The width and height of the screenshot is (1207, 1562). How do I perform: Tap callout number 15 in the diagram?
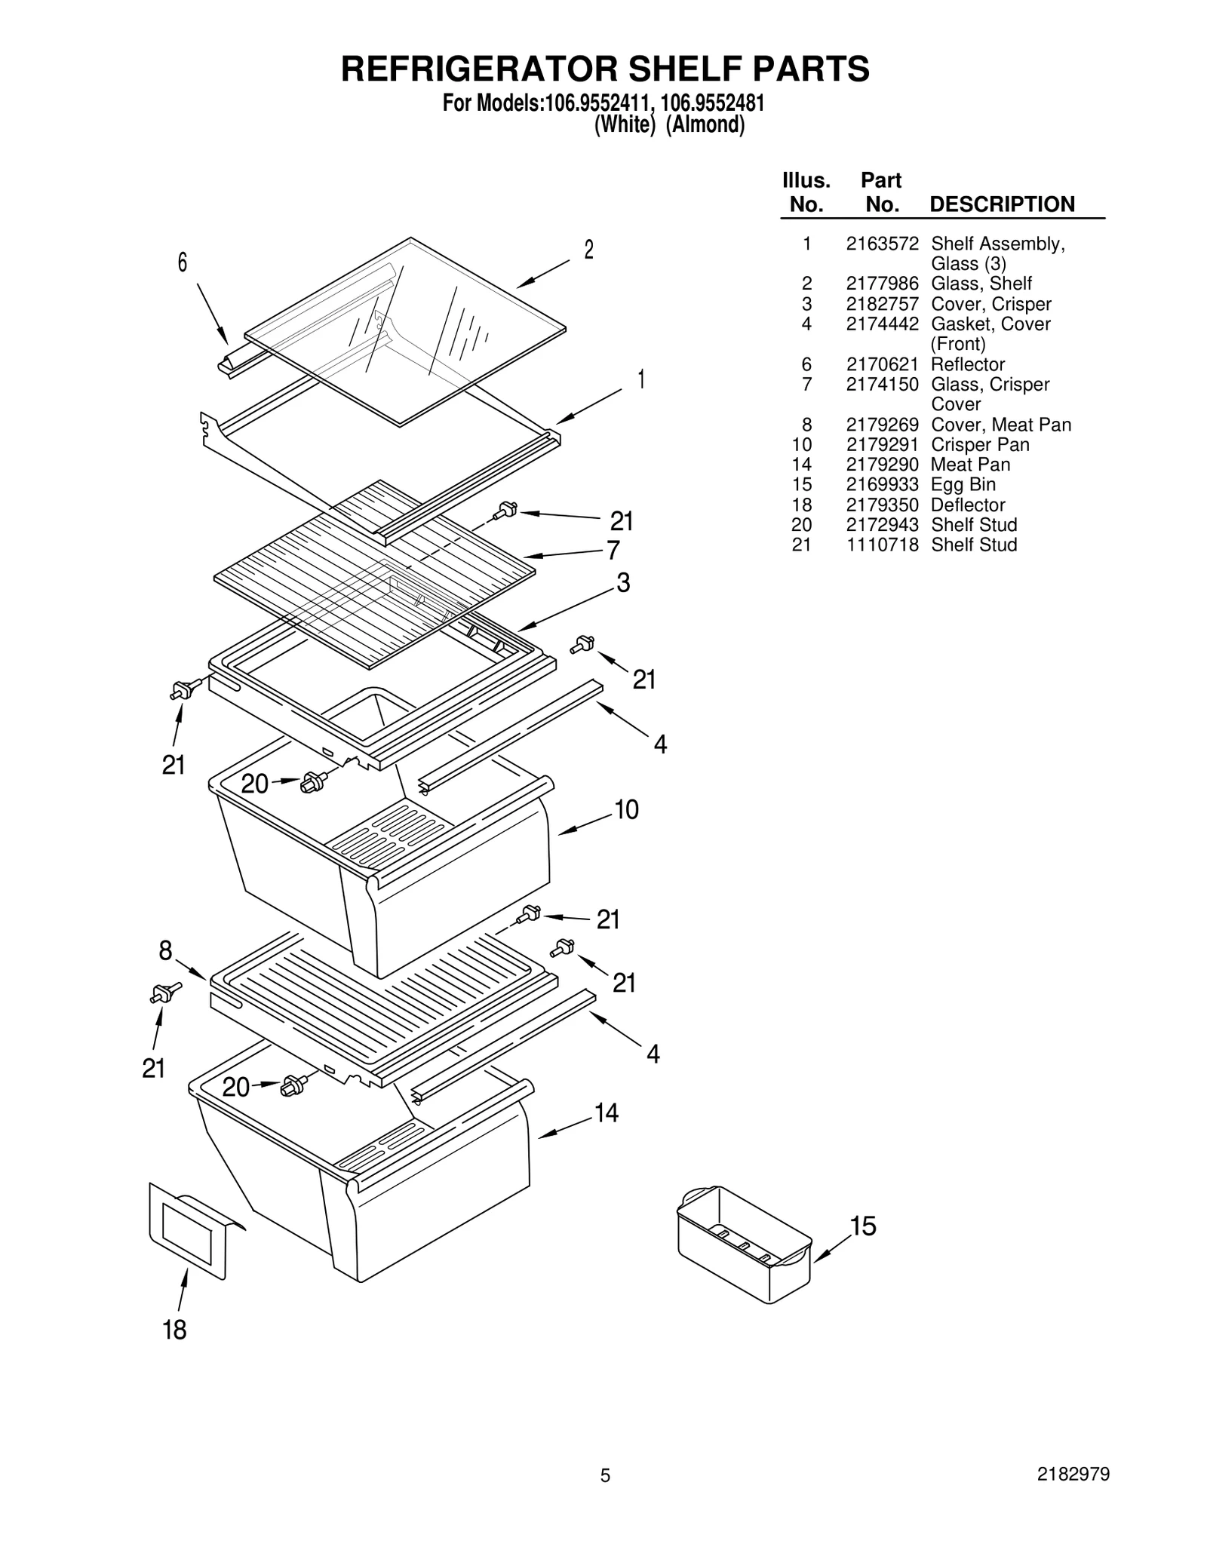pyautogui.click(x=863, y=1226)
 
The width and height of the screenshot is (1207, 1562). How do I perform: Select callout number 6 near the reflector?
pyautogui.click(x=182, y=262)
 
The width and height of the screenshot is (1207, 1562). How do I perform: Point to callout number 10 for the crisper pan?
pyautogui.click(x=626, y=809)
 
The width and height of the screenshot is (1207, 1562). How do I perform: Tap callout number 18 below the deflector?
pyautogui.click(x=174, y=1330)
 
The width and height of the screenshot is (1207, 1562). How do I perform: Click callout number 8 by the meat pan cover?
pyautogui.click(x=165, y=951)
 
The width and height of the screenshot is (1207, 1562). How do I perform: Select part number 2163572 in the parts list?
pyautogui.click(x=882, y=244)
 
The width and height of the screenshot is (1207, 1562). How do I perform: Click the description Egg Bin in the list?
pyautogui.click(x=963, y=484)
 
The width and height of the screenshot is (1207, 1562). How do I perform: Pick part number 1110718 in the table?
pyautogui.click(x=882, y=545)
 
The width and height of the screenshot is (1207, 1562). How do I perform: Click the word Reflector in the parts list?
pyautogui.click(x=968, y=364)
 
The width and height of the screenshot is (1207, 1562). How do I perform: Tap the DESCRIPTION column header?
pyautogui.click(x=1002, y=204)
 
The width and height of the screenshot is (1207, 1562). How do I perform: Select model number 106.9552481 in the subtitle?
pyautogui.click(x=712, y=103)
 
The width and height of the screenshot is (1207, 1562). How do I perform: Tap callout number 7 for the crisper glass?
pyautogui.click(x=613, y=550)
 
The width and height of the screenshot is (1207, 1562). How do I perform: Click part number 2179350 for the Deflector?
pyautogui.click(x=882, y=505)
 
